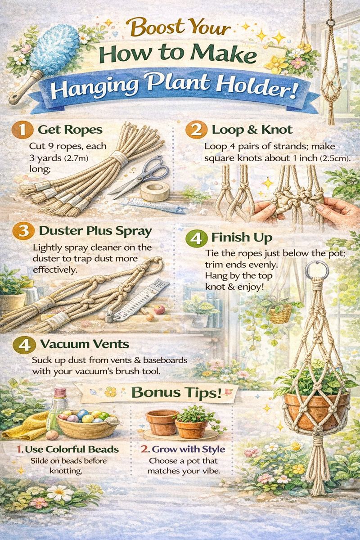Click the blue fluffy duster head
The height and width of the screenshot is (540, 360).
click(55, 51)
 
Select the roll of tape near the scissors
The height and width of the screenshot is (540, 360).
click(154, 191)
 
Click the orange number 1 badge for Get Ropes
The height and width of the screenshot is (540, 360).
click(22, 130)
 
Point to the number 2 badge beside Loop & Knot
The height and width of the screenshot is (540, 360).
click(196, 130)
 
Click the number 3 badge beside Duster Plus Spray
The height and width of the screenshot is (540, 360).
click(23, 231)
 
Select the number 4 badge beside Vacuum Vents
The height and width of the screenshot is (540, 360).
click(24, 345)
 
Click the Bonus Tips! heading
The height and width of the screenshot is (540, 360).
click(176, 392)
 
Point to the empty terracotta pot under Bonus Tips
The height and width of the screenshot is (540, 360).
click(161, 421)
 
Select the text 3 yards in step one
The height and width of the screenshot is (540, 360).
click(45, 158)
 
